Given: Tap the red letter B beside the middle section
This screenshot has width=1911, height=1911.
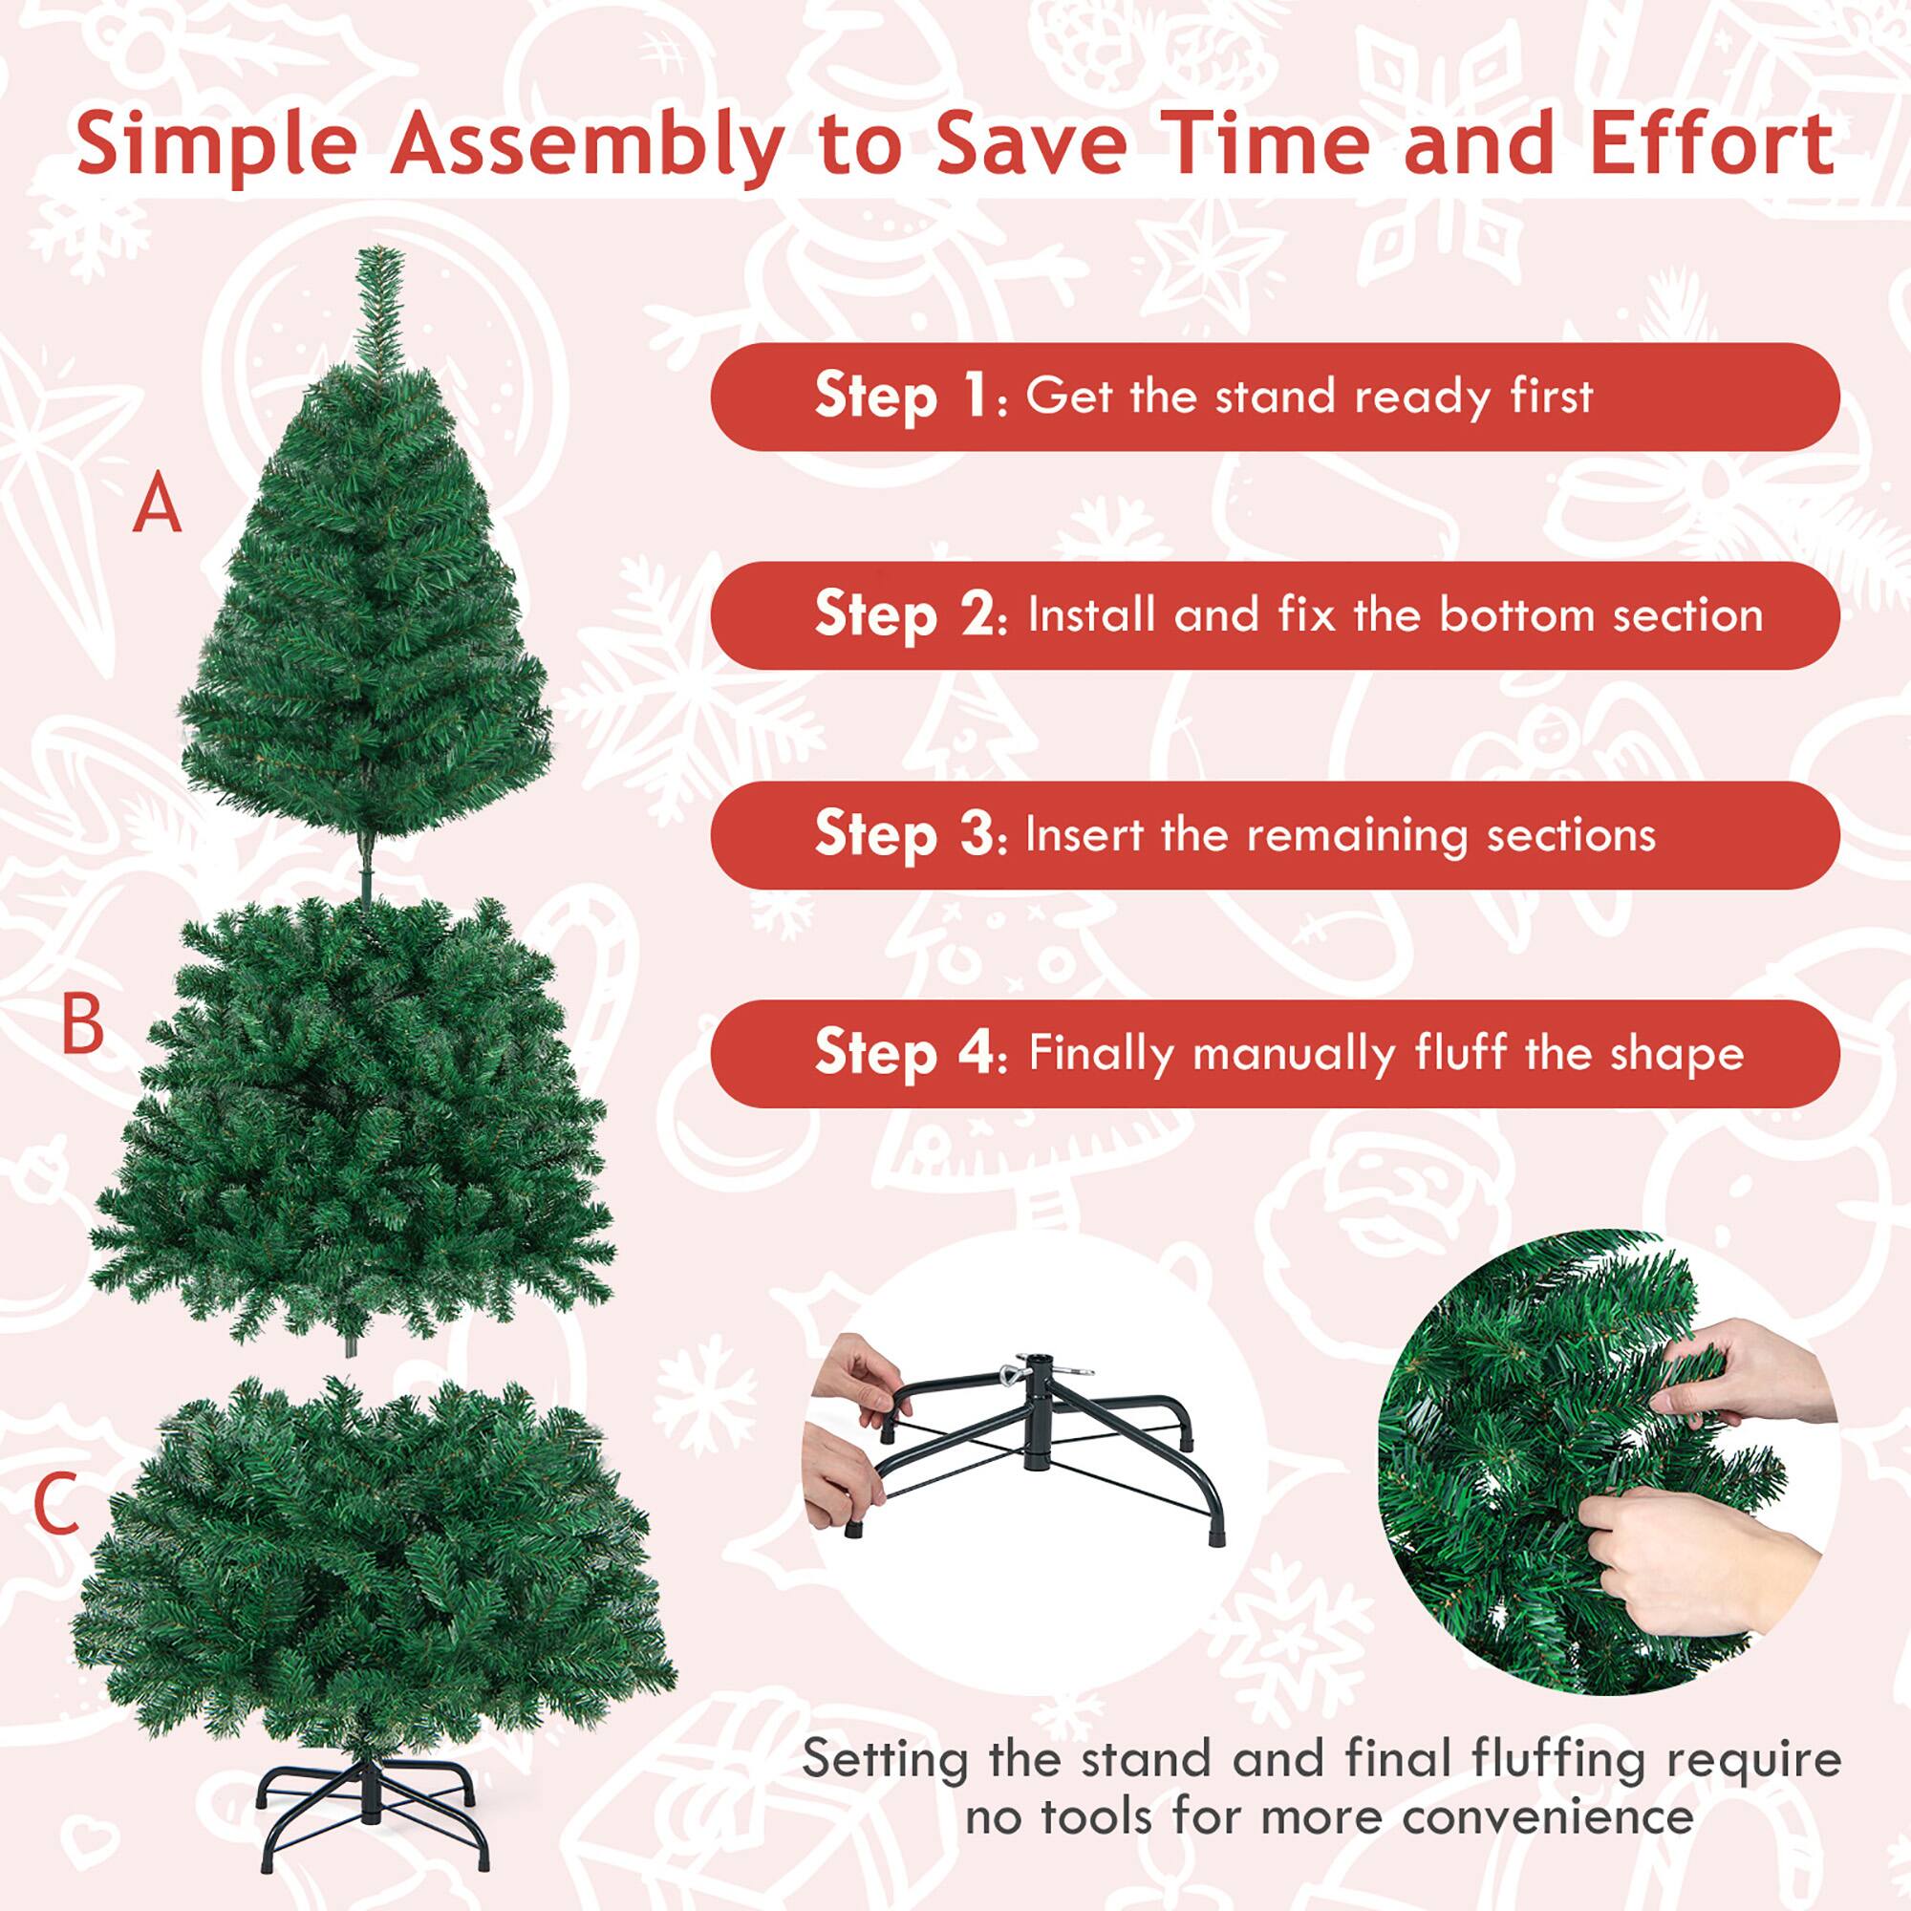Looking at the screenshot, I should [82, 1024].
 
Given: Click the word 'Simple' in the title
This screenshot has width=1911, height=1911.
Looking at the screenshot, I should [217, 145].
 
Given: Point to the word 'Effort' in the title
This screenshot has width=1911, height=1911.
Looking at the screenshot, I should [1712, 143].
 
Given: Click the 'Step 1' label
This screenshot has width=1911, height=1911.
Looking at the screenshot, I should [900, 397].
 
